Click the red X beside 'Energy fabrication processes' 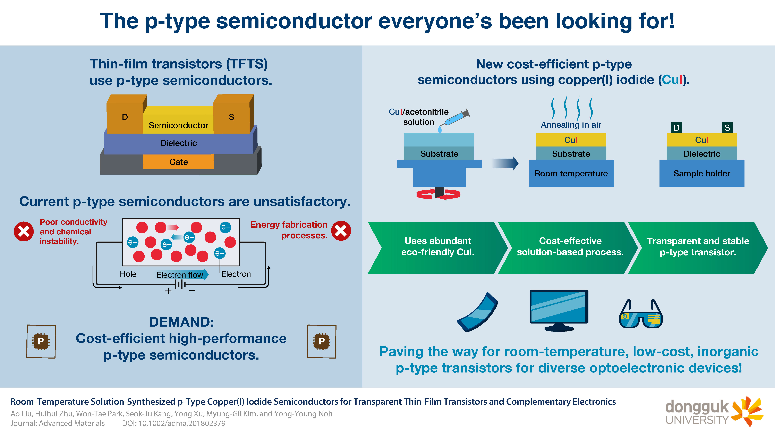[341, 231]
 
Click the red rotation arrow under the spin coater [438, 194]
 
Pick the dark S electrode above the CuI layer [727, 128]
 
